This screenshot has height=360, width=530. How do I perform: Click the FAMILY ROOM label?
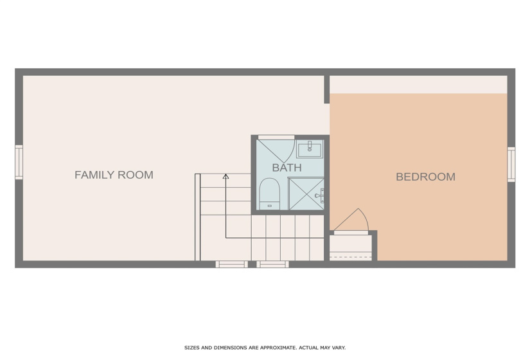[x=114, y=175]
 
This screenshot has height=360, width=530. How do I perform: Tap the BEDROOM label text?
[x=425, y=177]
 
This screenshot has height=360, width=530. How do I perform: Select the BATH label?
[x=287, y=168]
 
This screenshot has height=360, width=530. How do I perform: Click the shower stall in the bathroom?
[x=306, y=194]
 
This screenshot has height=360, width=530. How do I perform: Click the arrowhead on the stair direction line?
[x=225, y=175]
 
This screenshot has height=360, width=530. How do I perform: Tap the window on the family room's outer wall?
[x=19, y=163]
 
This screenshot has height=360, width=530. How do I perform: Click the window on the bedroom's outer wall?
[x=511, y=165]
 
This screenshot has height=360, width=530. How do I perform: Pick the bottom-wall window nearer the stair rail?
[x=231, y=264]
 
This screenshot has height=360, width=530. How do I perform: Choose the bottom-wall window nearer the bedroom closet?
[x=273, y=264]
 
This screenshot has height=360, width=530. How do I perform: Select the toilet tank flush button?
[x=269, y=206]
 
